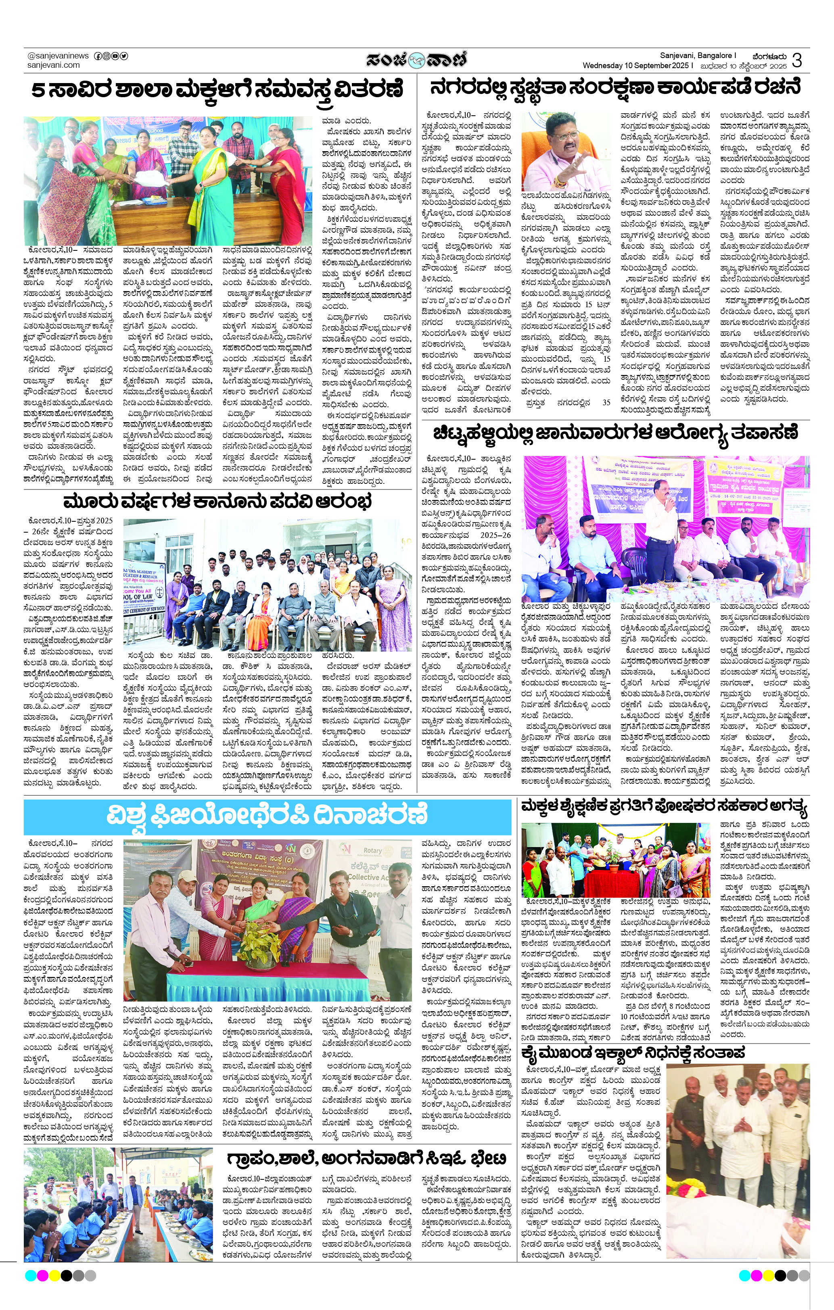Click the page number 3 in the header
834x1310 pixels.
[796, 60]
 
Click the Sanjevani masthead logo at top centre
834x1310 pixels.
[416, 59]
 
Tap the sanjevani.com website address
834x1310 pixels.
[53, 65]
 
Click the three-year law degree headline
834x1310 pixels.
[218, 502]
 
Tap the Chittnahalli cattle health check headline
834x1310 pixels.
[615, 433]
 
